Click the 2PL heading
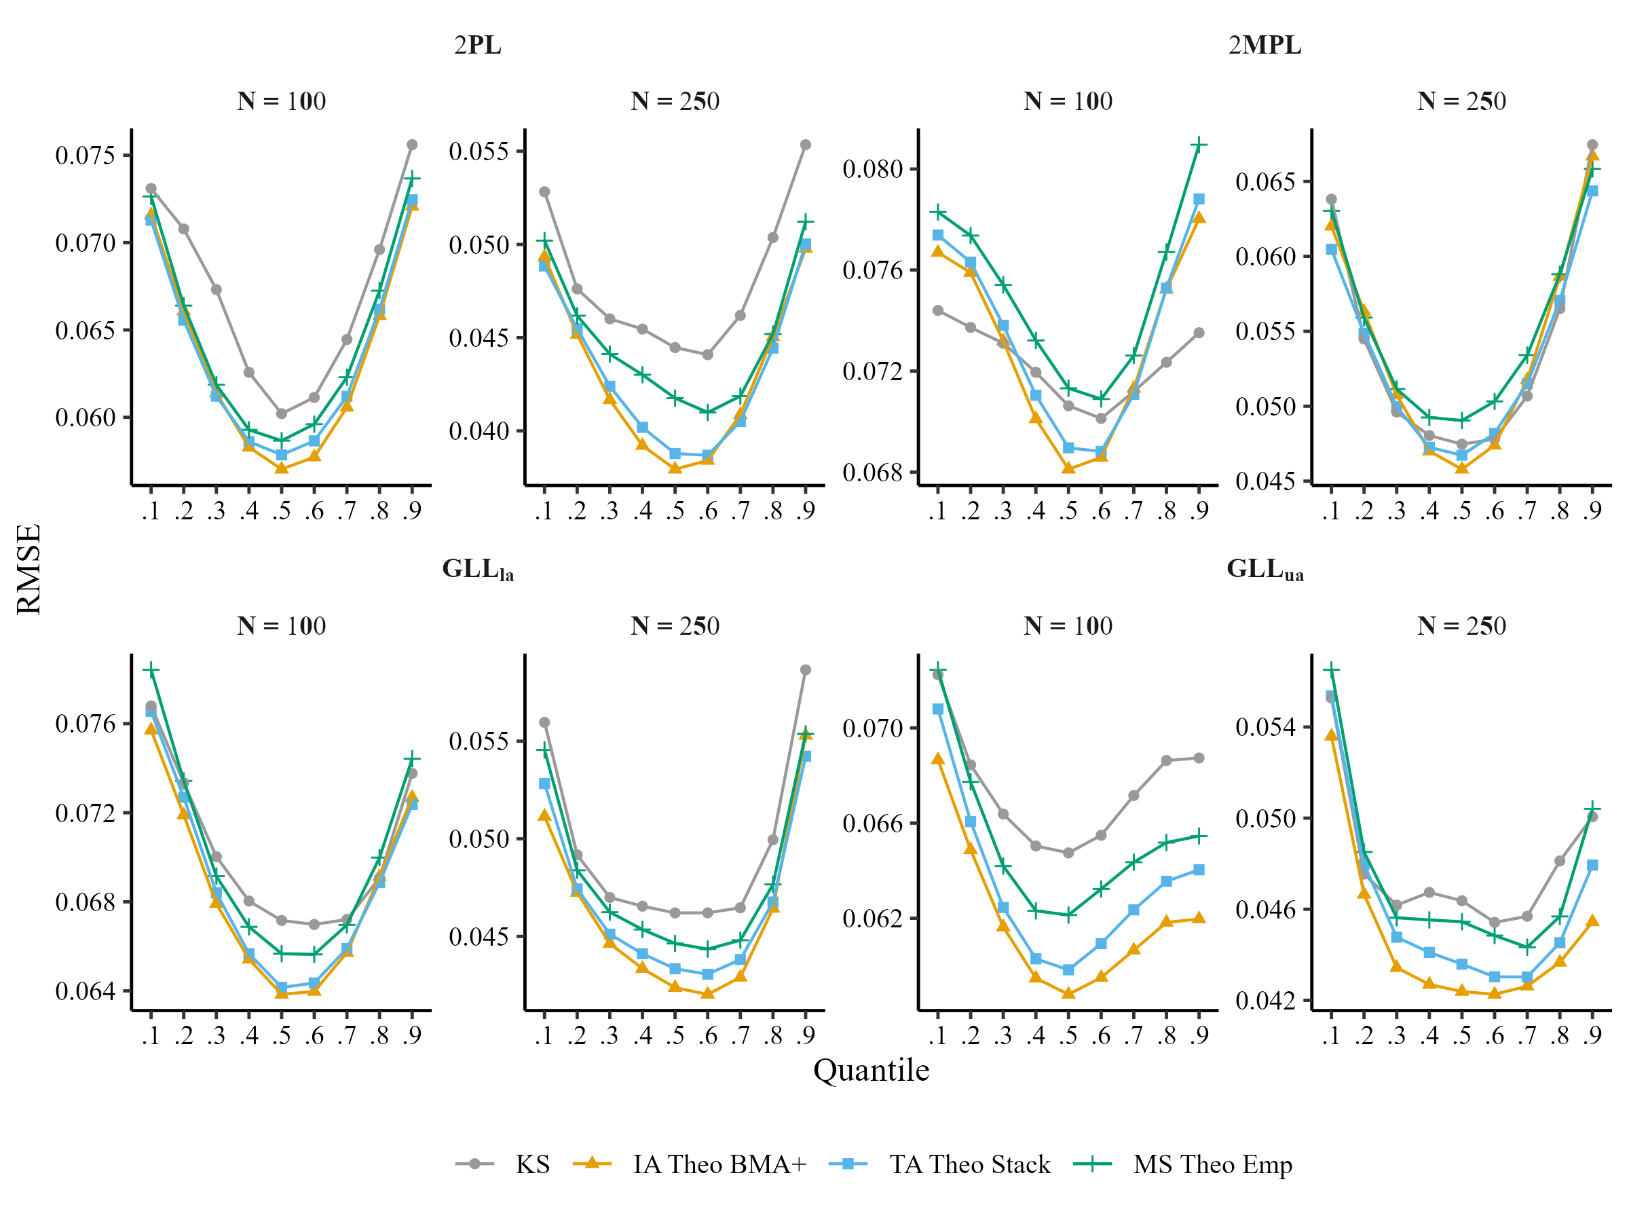477,45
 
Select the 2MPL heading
1264,45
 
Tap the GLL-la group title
477,570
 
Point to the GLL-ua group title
1265,570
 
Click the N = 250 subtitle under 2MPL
1461,101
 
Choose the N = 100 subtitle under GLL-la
281,626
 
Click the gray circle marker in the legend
474,1164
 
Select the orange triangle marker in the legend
591,1162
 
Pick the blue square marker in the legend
848,1164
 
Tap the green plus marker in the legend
1091,1164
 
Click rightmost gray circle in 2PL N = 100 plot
413,145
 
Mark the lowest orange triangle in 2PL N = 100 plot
281,467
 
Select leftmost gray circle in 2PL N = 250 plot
544,191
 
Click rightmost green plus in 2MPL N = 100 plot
1199,145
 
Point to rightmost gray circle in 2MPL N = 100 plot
1199,333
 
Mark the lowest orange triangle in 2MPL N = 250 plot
1462,467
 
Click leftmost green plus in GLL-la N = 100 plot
151,669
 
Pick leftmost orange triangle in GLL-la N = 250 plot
544,815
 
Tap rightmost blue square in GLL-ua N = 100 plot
1199,870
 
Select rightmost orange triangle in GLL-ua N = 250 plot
1592,921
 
